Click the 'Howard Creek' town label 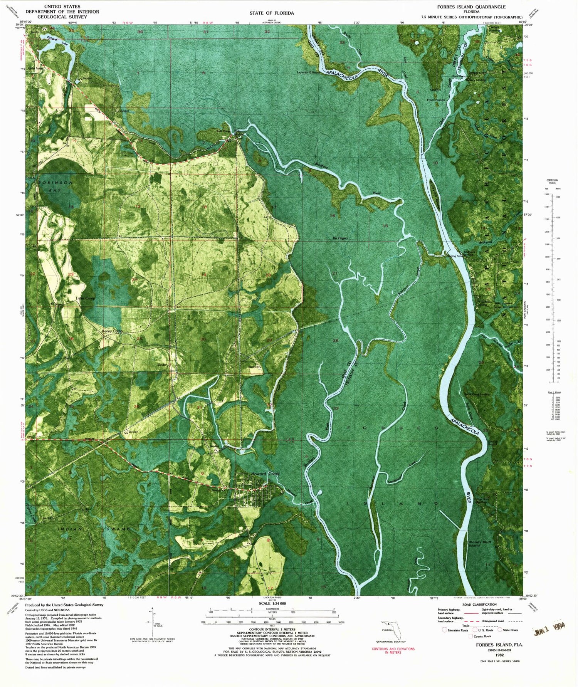pyautogui.click(x=265, y=474)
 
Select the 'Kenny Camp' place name pyautogui.click(x=112, y=331)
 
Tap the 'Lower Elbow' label pyautogui.click(x=309, y=72)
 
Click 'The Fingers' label pyautogui.click(x=340, y=238)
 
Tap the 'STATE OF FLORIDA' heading pyautogui.click(x=272, y=13)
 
